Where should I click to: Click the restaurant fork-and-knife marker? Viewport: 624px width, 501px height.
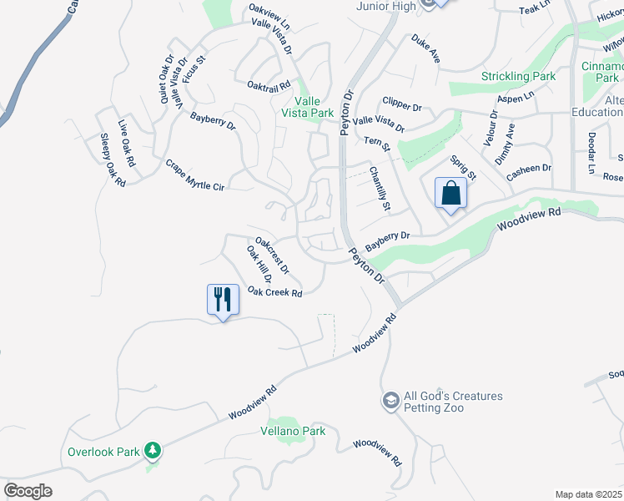[x=223, y=299]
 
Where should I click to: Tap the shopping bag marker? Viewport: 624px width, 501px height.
[x=450, y=194]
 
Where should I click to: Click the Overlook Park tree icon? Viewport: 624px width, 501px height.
[x=152, y=451]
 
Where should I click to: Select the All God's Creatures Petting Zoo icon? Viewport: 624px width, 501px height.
[x=390, y=402]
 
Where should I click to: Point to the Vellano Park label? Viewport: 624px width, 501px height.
[x=291, y=431]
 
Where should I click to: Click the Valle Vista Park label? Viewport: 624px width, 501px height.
[x=307, y=107]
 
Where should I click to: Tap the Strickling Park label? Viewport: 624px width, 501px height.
[x=518, y=76]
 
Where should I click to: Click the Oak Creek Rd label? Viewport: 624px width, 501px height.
[x=274, y=292]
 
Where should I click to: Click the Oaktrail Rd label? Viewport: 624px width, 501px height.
[x=269, y=85]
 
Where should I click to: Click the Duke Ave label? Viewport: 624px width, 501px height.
[x=425, y=48]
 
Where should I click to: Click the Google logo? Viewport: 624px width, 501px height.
[x=28, y=491]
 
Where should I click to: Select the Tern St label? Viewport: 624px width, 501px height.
[x=376, y=144]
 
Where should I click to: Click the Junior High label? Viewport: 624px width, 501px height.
[x=385, y=7]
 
